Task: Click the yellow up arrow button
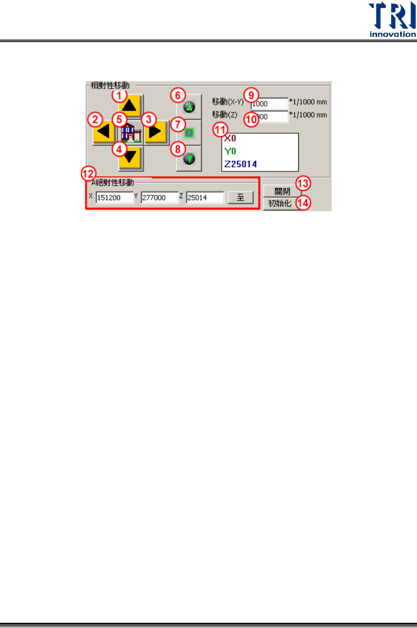[130, 106]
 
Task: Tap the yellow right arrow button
[156, 131]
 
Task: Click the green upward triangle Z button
[189, 107]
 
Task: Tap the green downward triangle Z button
[189, 159]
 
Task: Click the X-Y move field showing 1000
[270, 104]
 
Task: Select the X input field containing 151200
[114, 198]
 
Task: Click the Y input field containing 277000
[159, 198]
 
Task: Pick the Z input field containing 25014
[205, 198]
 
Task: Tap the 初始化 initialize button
[280, 203]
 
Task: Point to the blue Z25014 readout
[241, 164]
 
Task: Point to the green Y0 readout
[230, 151]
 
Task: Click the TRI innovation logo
[392, 20]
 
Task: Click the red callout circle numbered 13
[303, 184]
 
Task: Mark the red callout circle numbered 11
[221, 129]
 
